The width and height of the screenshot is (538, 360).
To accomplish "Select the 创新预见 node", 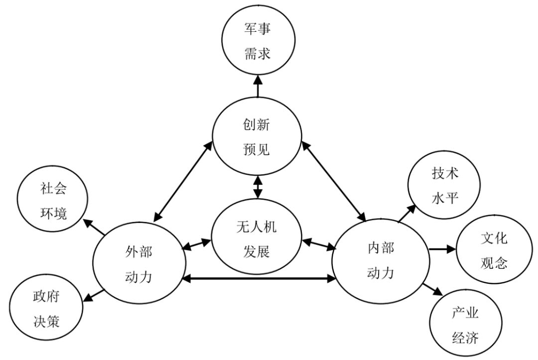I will click(x=258, y=136).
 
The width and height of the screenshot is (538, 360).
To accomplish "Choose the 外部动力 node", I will click(x=138, y=263).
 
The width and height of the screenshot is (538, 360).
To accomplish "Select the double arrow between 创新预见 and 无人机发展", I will click(x=258, y=188).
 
